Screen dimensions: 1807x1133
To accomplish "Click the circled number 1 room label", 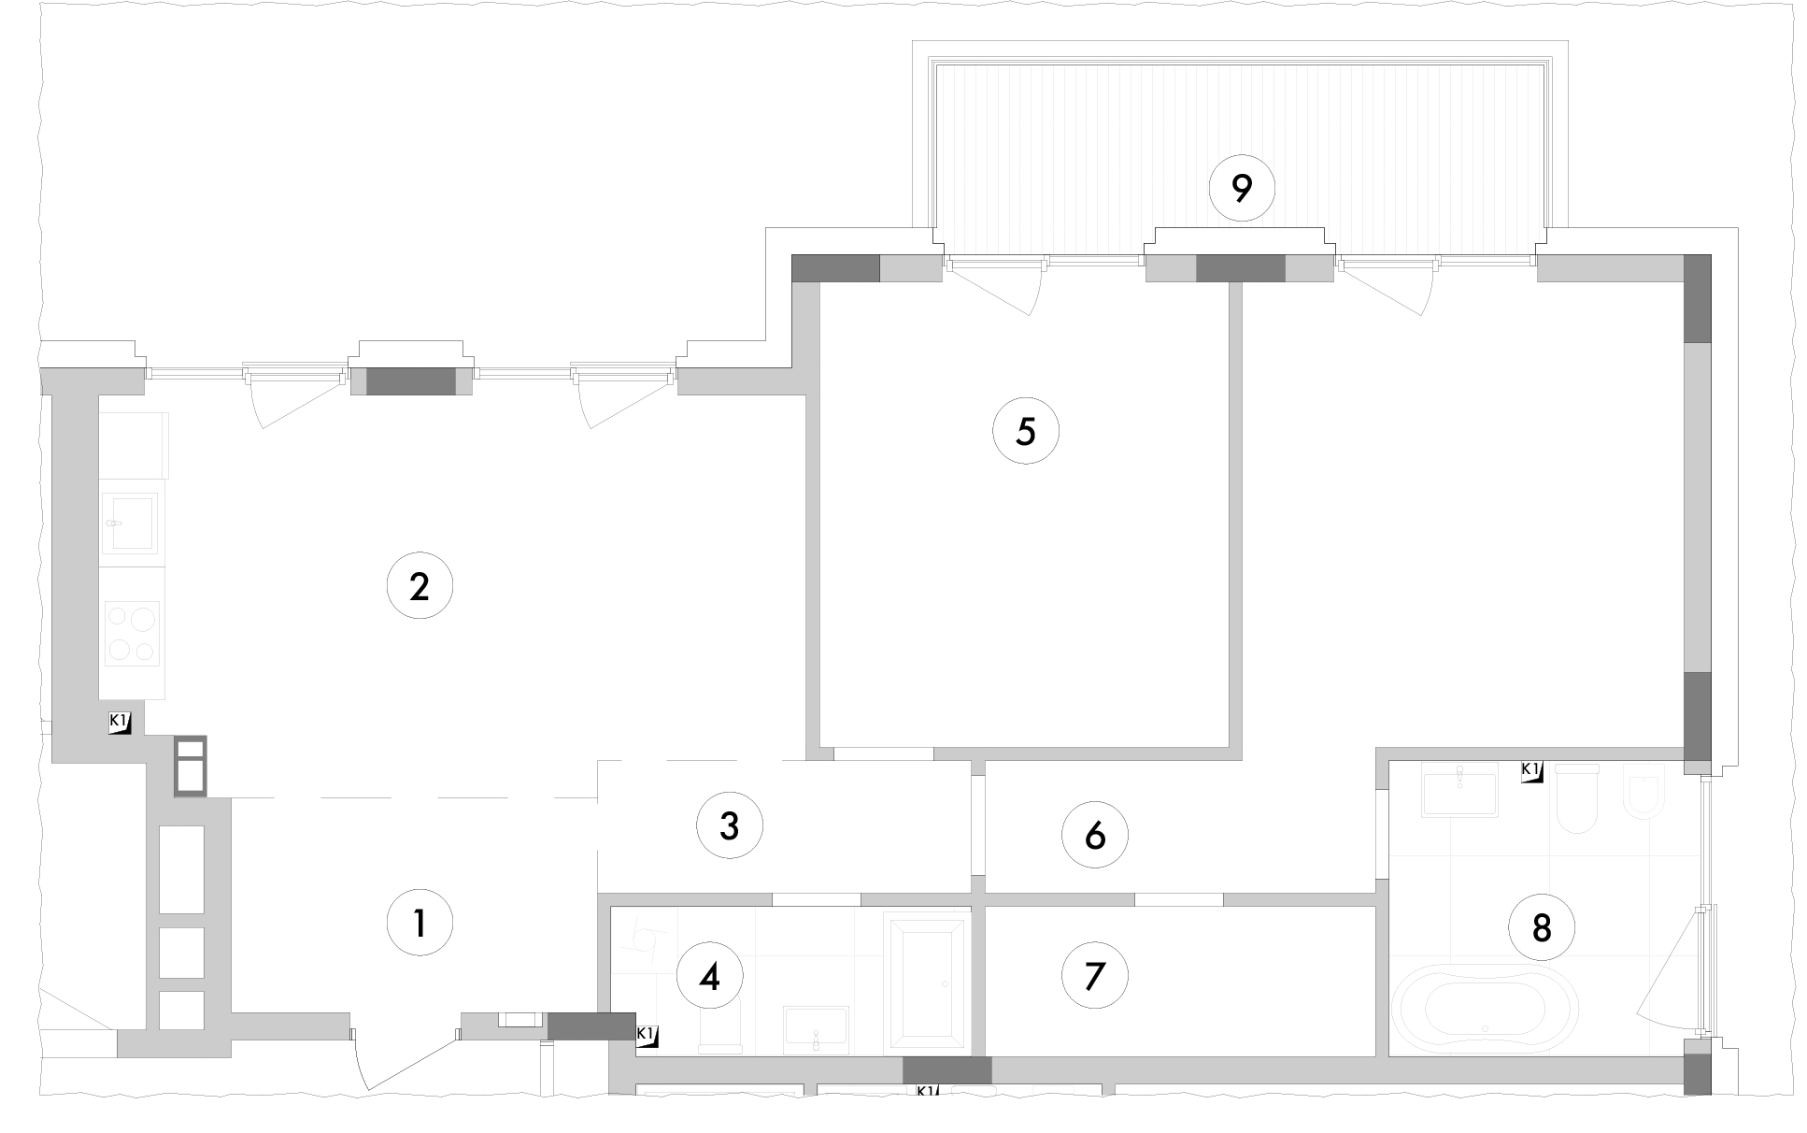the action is [x=420, y=924].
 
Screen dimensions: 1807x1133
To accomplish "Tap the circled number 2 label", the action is [x=420, y=587].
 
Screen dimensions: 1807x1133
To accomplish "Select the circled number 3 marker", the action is [x=730, y=825].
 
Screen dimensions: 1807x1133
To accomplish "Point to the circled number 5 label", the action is [x=1026, y=431].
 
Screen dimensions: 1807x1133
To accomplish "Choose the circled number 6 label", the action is [x=1095, y=835].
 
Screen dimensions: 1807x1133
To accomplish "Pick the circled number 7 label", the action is [x=1095, y=976].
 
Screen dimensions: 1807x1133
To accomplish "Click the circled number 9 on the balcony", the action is [x=1242, y=188].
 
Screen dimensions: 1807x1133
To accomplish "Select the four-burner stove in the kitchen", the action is [x=133, y=633].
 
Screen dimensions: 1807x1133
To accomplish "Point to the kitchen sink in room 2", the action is [x=130, y=523].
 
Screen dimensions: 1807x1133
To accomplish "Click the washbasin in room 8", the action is [x=1458, y=791].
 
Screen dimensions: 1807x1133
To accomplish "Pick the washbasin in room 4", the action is [x=816, y=1030].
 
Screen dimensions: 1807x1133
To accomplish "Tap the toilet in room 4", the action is [x=720, y=1025].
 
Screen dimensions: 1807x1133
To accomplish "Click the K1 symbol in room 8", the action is [x=1531, y=771].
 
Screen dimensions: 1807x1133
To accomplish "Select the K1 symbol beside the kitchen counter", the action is [x=120, y=723].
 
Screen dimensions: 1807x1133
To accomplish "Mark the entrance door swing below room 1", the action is [x=406, y=1061].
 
